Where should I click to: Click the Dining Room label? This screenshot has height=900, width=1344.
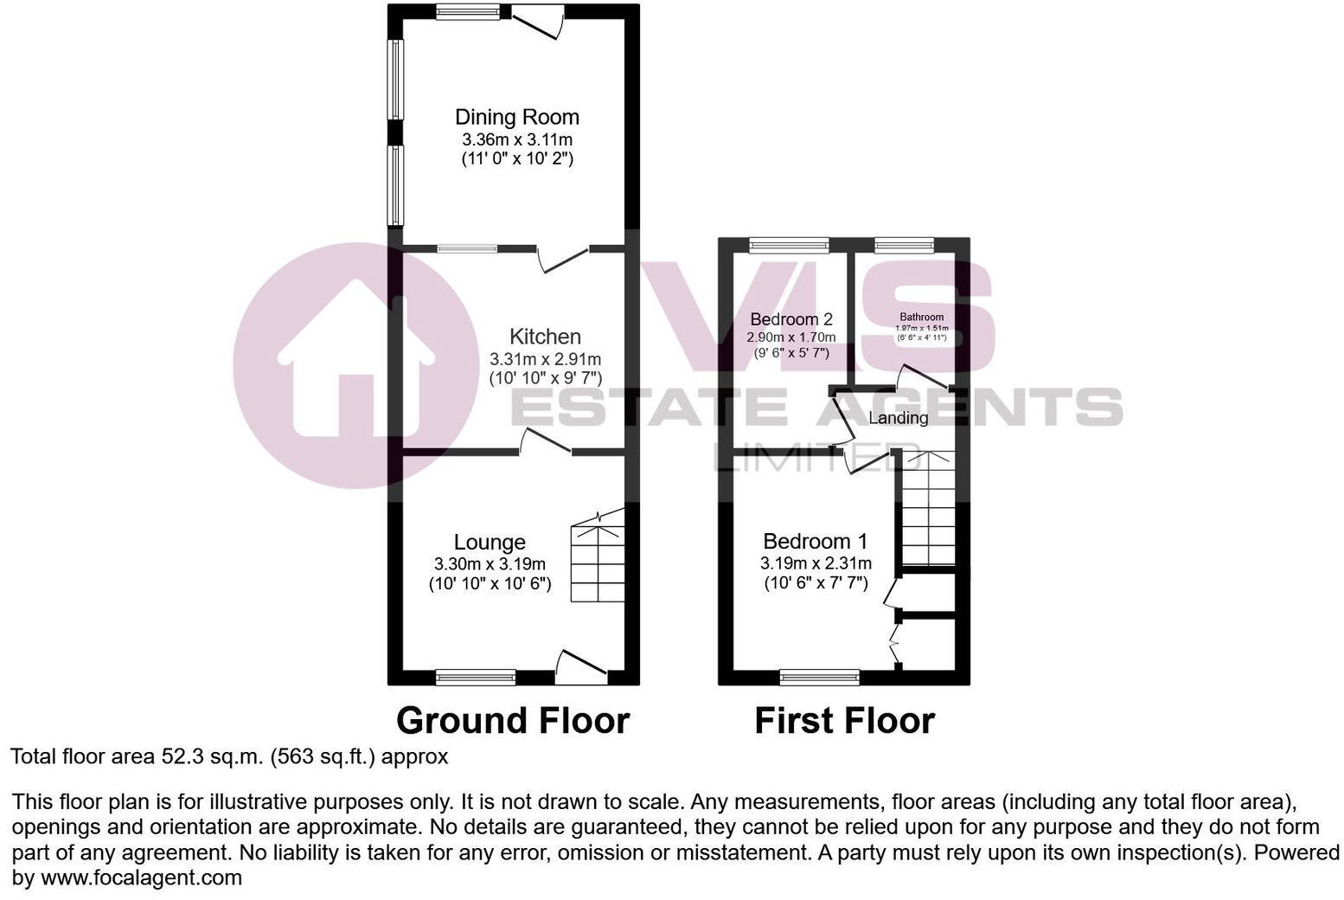(x=517, y=117)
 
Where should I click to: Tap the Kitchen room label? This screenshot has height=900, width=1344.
(x=545, y=337)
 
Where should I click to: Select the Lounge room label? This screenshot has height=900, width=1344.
(x=490, y=543)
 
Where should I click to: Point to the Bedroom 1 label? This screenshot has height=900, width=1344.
(x=815, y=542)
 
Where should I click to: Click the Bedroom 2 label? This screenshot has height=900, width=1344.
(x=791, y=318)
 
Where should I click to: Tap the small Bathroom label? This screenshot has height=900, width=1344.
(x=921, y=317)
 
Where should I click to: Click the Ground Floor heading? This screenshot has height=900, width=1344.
(x=513, y=720)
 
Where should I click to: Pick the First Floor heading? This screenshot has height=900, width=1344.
(x=844, y=720)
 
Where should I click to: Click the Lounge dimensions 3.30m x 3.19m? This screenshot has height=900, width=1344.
(x=490, y=564)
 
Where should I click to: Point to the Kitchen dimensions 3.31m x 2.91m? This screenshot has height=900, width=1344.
(x=545, y=358)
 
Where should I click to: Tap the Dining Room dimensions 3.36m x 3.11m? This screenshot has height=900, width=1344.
(x=517, y=139)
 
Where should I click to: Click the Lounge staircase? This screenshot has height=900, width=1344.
(x=597, y=558)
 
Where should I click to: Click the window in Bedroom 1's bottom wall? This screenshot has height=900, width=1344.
(x=820, y=676)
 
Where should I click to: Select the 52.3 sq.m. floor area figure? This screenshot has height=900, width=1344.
(x=211, y=756)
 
